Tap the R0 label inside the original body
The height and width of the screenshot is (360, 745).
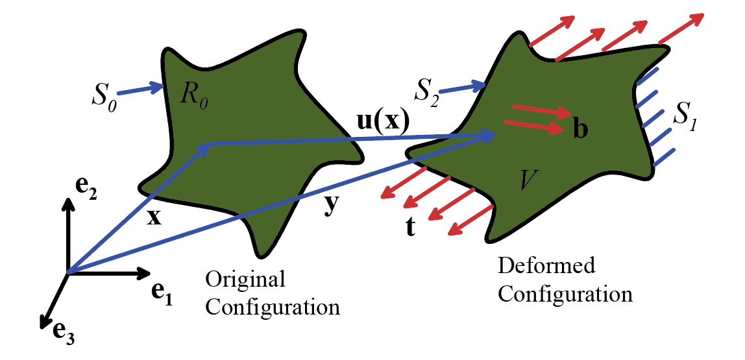tap(195, 98)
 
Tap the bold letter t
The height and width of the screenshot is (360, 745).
tap(409, 228)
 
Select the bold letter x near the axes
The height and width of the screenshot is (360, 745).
tap(153, 217)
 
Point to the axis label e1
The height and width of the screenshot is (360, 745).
tap(162, 293)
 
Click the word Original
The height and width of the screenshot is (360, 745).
tap(245, 280)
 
